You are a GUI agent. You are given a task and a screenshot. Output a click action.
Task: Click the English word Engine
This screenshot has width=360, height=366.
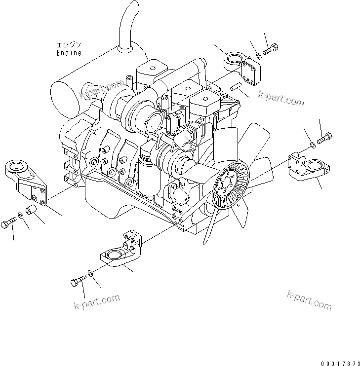69,52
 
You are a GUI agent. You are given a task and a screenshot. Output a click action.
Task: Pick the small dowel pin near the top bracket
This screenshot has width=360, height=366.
236,87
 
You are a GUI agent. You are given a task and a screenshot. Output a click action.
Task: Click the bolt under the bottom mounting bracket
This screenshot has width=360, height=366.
77,283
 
